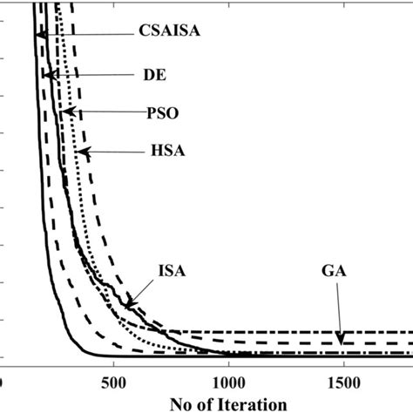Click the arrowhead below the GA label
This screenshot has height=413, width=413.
[342, 338]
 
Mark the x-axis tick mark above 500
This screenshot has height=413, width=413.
[113, 354]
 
